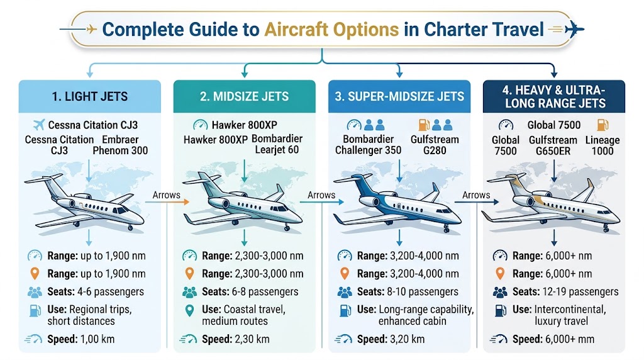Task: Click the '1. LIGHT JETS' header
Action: [x=89, y=96]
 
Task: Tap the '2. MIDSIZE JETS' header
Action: [x=245, y=96]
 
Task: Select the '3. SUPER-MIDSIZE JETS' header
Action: [x=399, y=96]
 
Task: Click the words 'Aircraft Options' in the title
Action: [x=331, y=30]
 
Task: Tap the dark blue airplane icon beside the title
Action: [x=574, y=29]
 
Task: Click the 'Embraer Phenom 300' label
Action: [x=120, y=145]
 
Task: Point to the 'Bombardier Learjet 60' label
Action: [x=277, y=144]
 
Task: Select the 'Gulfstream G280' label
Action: [x=435, y=145]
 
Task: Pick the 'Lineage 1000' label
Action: [x=602, y=145]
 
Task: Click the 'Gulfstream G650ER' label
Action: [x=553, y=145]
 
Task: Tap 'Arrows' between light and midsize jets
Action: [x=166, y=195]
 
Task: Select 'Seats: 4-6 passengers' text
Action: [x=96, y=292]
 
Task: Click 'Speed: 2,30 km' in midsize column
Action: [x=236, y=339]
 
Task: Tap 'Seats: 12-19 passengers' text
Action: [x=565, y=292]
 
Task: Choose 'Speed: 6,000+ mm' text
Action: [x=553, y=339]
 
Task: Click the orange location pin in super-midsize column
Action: [x=345, y=274]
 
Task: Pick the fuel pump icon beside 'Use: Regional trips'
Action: [x=35, y=310]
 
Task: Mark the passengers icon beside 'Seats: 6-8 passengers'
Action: [x=189, y=292]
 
